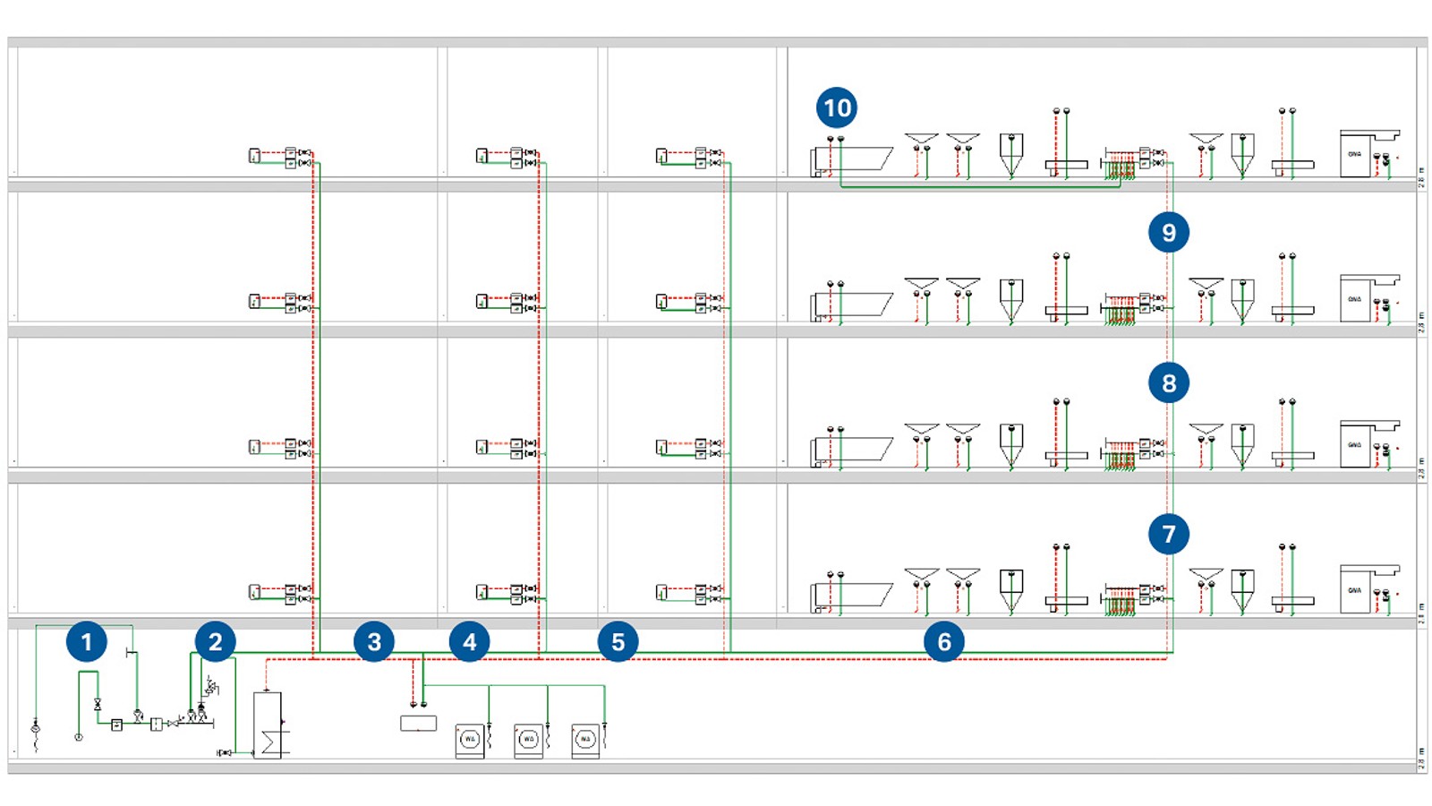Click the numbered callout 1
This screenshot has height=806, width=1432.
(87, 641)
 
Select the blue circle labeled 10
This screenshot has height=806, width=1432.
(837, 107)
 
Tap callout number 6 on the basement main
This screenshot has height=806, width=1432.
(944, 641)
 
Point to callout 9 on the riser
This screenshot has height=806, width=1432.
(1169, 232)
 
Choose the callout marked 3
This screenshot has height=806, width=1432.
(374, 641)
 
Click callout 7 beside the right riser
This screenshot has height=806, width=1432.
(1169, 534)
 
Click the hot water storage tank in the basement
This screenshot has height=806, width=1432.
(268, 725)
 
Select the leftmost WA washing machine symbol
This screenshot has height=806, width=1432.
(470, 741)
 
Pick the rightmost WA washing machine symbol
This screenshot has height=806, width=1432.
(585, 741)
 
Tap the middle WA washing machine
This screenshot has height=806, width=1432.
(528, 741)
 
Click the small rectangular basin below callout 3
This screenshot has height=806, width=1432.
(418, 723)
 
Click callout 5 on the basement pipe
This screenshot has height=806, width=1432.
(618, 641)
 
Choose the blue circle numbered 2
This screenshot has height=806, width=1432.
(215, 641)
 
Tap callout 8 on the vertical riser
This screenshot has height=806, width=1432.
(1169, 383)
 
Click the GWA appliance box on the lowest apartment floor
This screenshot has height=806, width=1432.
(1355, 591)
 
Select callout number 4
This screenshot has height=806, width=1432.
(469, 641)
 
